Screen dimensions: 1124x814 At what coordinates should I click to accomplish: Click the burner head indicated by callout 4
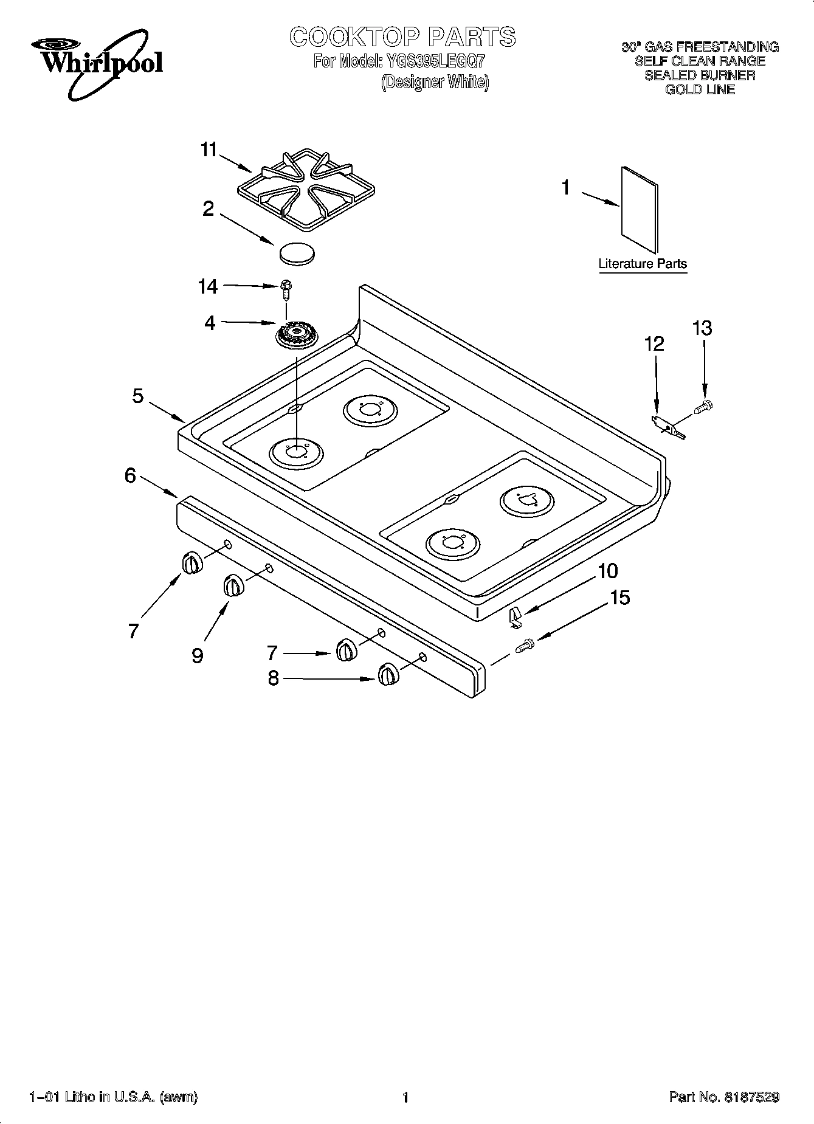pos(297,336)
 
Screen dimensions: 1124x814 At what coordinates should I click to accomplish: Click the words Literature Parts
pos(643,264)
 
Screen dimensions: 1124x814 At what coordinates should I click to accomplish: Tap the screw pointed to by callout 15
pos(524,646)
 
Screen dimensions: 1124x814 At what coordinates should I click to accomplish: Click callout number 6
pos(130,475)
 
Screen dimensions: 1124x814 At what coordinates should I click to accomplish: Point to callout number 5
pos(138,396)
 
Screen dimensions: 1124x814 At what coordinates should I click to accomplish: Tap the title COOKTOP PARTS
pos(402,37)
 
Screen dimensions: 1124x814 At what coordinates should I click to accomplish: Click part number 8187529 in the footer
pos(752,1097)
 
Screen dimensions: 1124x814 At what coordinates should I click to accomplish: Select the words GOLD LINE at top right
pos(700,89)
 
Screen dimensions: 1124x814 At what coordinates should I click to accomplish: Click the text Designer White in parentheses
pos(435,82)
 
